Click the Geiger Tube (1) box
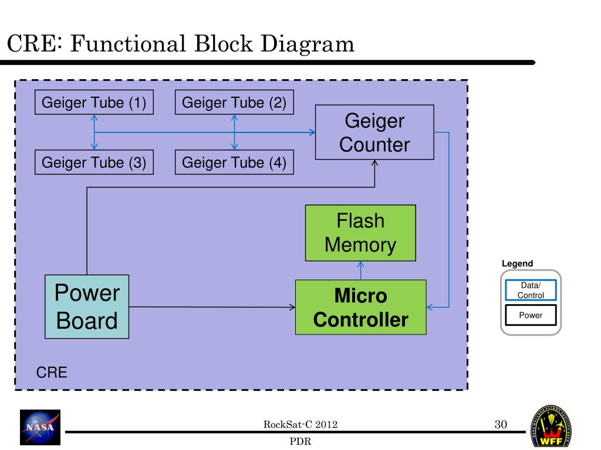coord(94,103)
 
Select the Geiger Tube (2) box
coord(234,103)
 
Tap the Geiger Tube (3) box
coord(94,162)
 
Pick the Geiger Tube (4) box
coord(234,162)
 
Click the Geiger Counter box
coord(374,132)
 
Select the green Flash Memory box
coord(360,233)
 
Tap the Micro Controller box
coord(360,308)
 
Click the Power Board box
coord(87,307)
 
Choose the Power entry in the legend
coord(531,315)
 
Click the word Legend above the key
coord(517,264)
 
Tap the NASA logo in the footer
coord(40,426)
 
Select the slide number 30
coord(500,425)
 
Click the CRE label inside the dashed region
coord(52,373)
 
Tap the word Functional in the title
coord(121,44)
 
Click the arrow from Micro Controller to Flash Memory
coord(360,270)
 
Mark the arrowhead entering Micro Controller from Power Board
coord(292,306)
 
